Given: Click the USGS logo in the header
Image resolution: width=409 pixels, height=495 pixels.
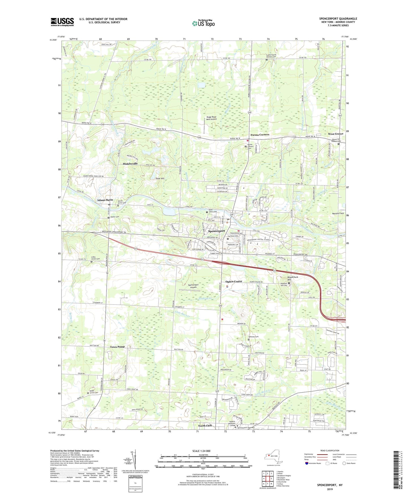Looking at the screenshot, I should tap(62, 22).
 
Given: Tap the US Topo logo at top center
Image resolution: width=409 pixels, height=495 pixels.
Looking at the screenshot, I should tap(203, 23).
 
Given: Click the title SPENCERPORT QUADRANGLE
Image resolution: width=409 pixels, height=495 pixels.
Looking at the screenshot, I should tap(338, 19).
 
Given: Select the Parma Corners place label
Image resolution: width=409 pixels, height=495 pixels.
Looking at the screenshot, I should tap(260, 135).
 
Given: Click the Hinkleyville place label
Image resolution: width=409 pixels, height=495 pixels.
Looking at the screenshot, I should tap(130, 164).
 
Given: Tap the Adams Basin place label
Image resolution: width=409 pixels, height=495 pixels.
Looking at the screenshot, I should tap(105, 200).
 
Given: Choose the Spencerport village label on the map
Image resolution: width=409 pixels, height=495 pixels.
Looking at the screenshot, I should tap(217, 231).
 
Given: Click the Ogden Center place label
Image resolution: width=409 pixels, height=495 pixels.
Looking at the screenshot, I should tap(234, 282).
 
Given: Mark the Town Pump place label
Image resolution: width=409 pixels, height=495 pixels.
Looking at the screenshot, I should tap(117, 347).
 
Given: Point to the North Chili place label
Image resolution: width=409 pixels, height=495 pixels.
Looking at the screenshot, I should tap(205, 426).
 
